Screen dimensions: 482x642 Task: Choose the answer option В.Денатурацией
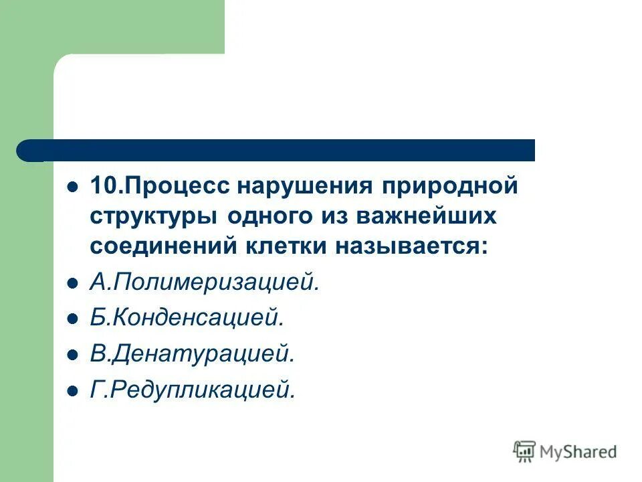pyautogui.click(x=192, y=354)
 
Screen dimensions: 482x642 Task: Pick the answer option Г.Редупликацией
pyautogui.click(x=192, y=390)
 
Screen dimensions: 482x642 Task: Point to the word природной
pyautogui.click(x=450, y=185)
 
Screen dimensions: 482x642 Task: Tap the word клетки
pyautogui.click(x=296, y=246)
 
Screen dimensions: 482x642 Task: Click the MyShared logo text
pyautogui.click(x=579, y=452)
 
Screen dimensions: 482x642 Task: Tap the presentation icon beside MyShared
pyautogui.click(x=525, y=451)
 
